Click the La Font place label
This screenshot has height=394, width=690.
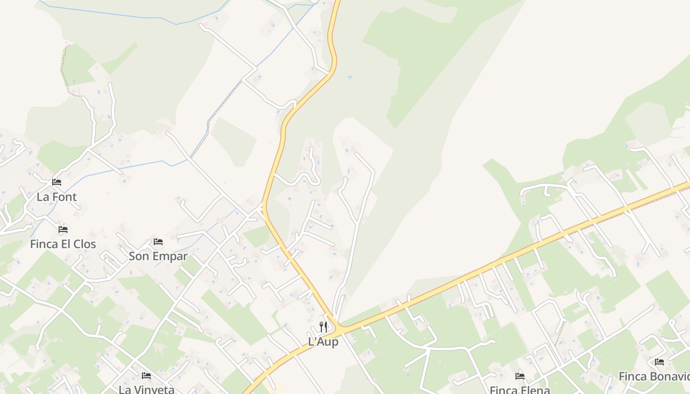point(57,197)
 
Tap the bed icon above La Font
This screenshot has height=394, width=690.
point(57,182)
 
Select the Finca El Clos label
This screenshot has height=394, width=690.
point(63,244)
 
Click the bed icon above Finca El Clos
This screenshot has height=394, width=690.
point(63,230)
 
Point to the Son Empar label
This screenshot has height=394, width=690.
point(158,256)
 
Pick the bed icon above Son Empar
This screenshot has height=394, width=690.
point(158,242)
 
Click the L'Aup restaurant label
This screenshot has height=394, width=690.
point(323,341)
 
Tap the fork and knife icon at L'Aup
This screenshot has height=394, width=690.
point(323,326)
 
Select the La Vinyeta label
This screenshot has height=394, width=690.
point(146,389)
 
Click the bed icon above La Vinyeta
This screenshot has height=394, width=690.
point(146,376)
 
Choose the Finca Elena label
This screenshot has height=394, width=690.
point(519,390)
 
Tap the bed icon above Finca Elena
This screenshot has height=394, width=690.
point(520,376)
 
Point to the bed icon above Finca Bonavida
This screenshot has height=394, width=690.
point(659,362)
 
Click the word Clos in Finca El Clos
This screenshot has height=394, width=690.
point(84,244)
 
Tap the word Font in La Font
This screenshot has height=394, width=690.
point(65,197)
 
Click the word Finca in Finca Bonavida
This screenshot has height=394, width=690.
point(632,377)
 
